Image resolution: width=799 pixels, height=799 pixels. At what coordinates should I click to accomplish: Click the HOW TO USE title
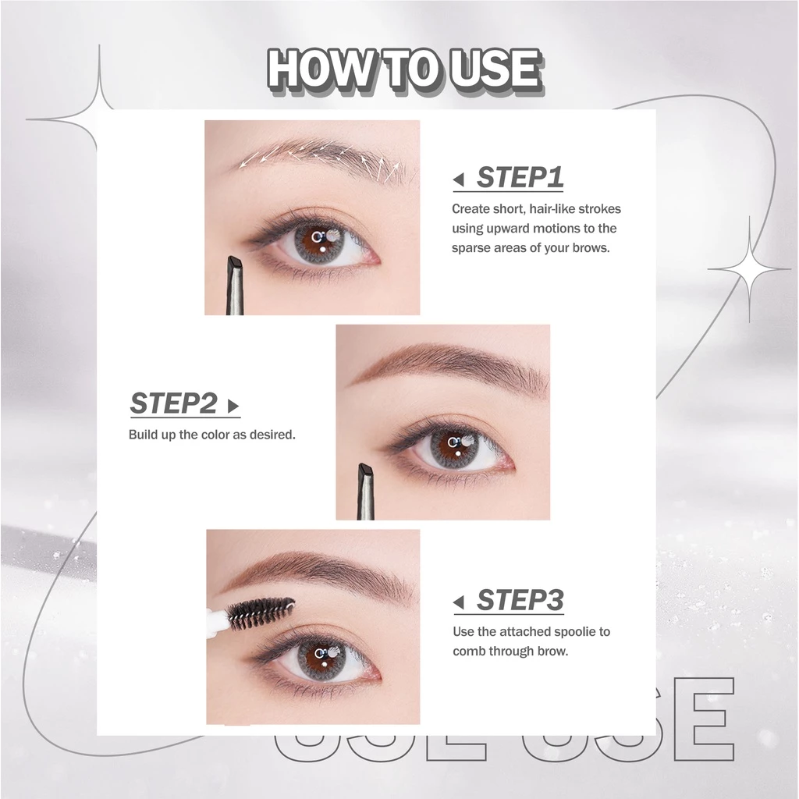[403, 70]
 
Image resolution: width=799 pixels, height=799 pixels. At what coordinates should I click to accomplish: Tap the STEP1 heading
[520, 177]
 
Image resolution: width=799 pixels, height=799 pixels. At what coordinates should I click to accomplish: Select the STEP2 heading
[173, 403]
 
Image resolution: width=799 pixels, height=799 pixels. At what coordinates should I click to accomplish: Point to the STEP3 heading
[520, 600]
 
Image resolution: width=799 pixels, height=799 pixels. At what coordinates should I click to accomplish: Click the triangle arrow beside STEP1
[459, 181]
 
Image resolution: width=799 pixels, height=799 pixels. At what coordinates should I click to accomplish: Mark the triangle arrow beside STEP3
[459, 603]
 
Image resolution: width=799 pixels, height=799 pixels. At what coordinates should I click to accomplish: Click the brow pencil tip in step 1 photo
[233, 270]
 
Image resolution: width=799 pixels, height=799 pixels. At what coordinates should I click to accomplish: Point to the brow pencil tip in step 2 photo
[364, 475]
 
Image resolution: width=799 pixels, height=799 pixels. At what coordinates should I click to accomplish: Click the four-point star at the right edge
[750, 270]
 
